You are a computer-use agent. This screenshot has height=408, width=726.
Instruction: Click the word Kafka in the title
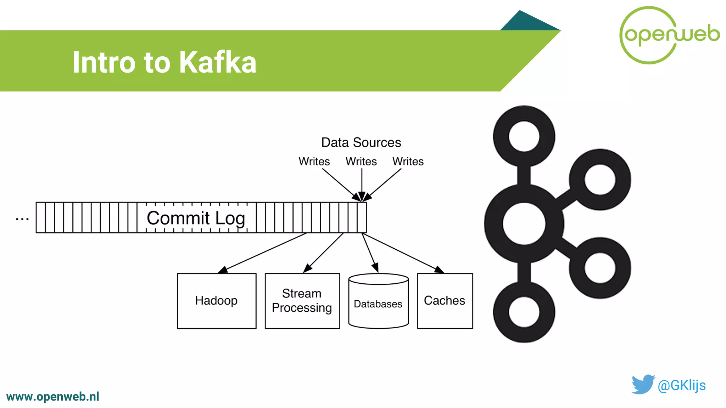pos(217,62)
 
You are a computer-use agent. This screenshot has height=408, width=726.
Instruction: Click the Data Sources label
pos(361,142)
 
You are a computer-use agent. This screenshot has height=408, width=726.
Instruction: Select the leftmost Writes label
pos(314,161)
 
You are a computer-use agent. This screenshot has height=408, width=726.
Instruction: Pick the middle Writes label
pos(361,161)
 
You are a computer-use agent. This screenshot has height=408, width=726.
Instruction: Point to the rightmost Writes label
pos(408,161)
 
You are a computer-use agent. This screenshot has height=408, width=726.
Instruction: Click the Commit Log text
pos(196,218)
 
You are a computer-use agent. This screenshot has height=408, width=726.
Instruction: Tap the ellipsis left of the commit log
pos(22,219)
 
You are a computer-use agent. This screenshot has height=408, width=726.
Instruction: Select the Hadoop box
pos(217,301)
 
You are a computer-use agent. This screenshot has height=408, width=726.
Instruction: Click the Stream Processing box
pos(302,301)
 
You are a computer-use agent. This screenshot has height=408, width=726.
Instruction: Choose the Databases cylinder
pos(378,303)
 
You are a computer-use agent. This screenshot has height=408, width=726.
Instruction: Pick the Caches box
pos(445,301)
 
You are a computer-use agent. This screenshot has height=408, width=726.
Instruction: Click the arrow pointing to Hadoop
pos(262,253)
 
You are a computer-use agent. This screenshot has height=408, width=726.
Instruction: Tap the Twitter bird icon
pos(643,384)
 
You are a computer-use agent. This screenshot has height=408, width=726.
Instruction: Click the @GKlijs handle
pos(681,385)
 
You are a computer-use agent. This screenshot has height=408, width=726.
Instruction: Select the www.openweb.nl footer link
pos(53,397)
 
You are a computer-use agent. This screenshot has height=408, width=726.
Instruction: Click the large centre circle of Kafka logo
pos(524,223)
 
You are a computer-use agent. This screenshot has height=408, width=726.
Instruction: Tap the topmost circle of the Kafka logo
pos(524,136)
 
